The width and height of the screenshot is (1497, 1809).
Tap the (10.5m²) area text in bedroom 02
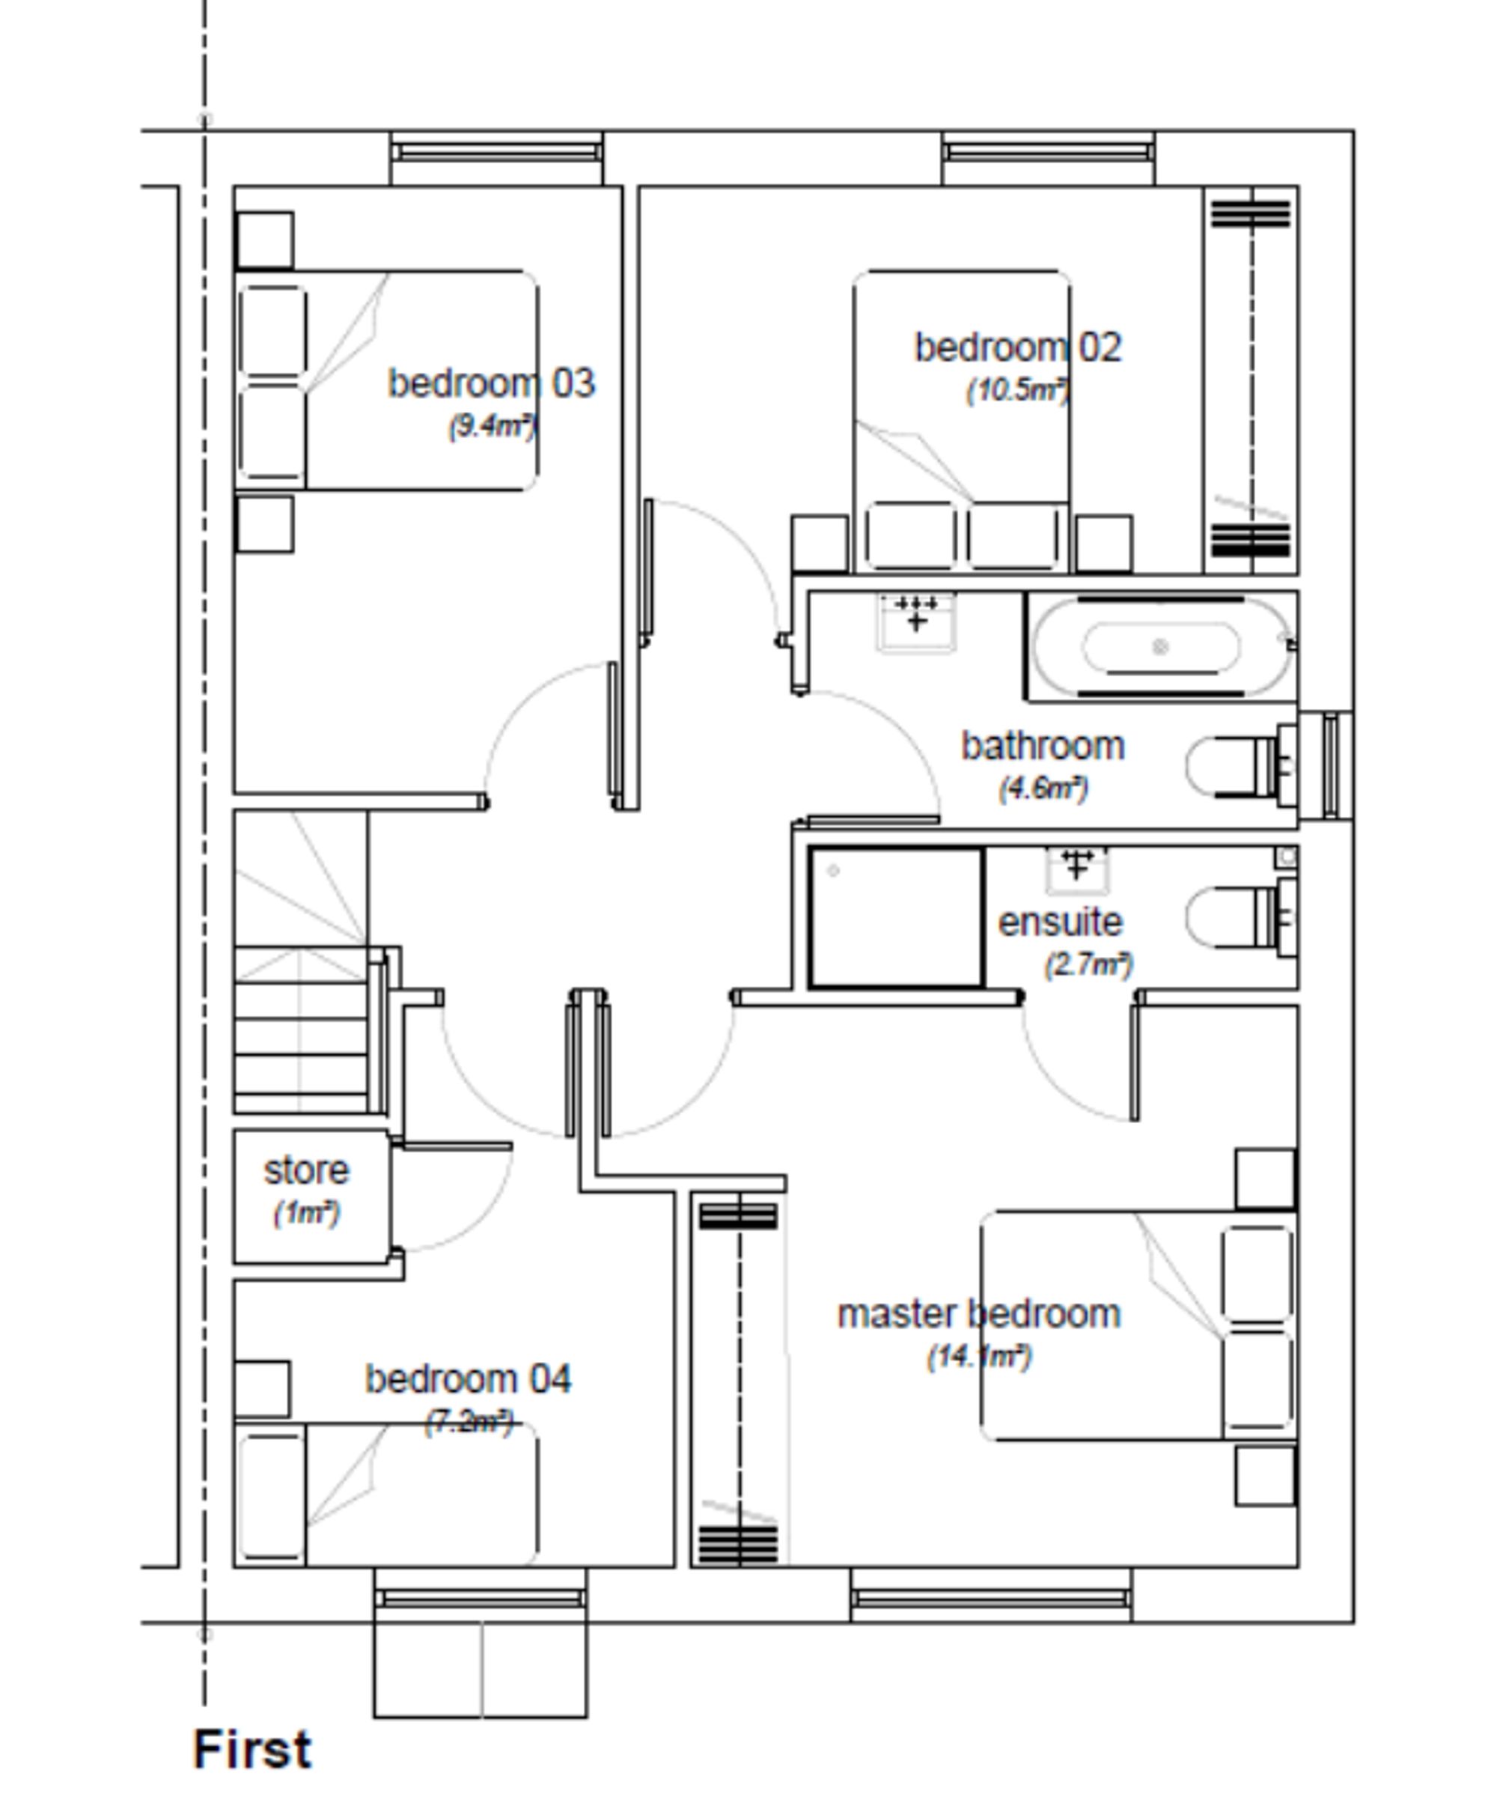[x=1018, y=390]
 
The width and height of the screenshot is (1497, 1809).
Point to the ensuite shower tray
[x=896, y=918]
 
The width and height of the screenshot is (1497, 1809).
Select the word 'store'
[x=306, y=1170]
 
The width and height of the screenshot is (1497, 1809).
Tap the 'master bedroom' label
[x=978, y=1315]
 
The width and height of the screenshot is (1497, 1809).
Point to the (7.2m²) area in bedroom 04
[x=469, y=1421]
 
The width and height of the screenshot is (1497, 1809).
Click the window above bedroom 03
[x=496, y=153]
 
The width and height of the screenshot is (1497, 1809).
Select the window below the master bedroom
[x=990, y=1599]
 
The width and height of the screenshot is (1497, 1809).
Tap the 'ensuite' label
[x=1059, y=922]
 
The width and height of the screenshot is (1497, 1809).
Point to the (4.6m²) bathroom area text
[x=1043, y=788]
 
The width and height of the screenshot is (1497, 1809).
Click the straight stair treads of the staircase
[x=302, y=1034]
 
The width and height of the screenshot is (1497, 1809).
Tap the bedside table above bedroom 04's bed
[x=262, y=1389]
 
